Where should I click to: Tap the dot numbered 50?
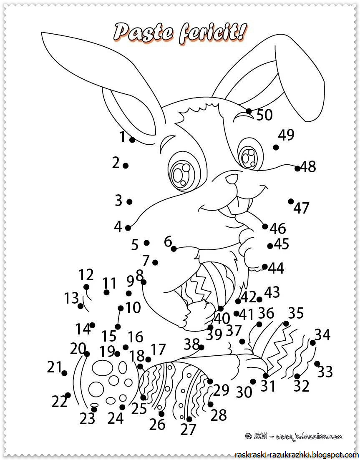coord(249,111)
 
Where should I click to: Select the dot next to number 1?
coord(132,140)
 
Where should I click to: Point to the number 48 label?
coord(308,167)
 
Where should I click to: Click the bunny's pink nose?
coord(232,180)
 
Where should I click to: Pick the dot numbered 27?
coord(189,419)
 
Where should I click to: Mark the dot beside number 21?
coord(64,373)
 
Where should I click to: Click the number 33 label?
coord(325,372)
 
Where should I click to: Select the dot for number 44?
coord(265,266)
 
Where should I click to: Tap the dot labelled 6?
coord(174,249)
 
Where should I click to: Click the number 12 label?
coord(86,275)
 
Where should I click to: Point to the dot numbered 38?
coord(201,347)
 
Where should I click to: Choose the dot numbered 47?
coord(291,201)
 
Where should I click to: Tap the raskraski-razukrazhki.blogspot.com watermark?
coord(297,453)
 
